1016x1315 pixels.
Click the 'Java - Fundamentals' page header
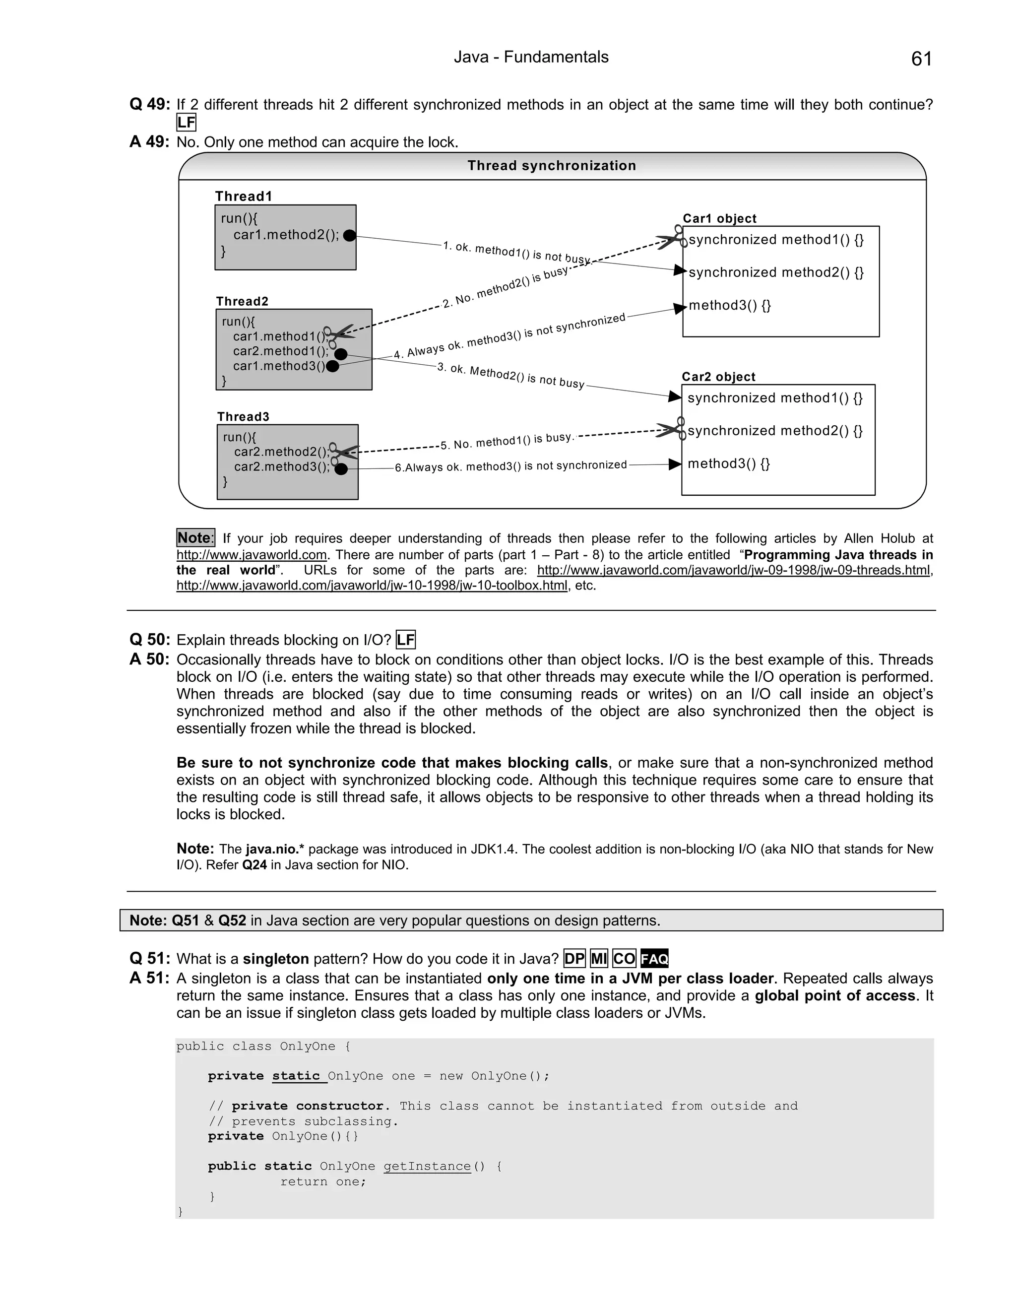531,57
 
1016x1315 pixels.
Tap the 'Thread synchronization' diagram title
551,166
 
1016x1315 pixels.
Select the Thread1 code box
285,237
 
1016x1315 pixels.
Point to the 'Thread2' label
242,301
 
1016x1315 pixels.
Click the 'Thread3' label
243,417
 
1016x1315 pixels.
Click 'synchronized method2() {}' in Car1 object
776,273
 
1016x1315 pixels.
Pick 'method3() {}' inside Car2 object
728,463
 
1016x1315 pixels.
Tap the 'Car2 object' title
718,377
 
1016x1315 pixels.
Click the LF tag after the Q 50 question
406,640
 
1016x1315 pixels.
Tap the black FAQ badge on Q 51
654,959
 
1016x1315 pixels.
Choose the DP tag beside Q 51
574,959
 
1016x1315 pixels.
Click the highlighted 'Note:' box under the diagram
195,538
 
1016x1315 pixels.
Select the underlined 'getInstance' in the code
427,1166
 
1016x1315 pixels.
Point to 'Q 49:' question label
149,104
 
